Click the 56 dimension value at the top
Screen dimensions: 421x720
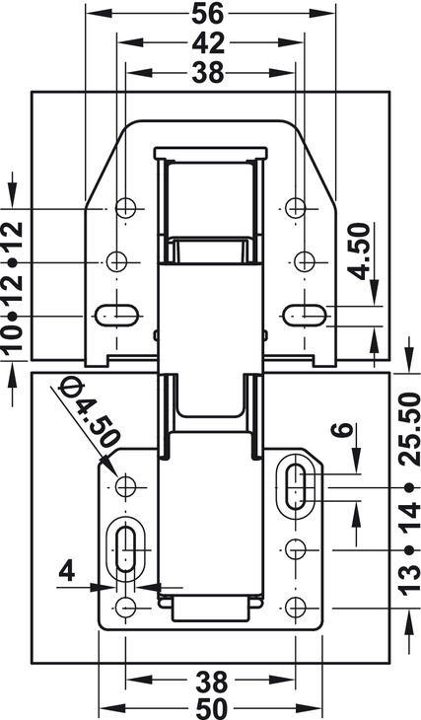(207, 13)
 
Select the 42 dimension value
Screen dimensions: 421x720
(208, 43)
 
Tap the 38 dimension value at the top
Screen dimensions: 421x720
(208, 73)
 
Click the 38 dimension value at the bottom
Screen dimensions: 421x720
(212, 682)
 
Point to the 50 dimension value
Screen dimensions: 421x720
(212, 709)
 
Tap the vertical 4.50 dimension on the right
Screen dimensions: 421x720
(359, 251)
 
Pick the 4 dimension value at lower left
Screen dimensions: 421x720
(67, 572)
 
